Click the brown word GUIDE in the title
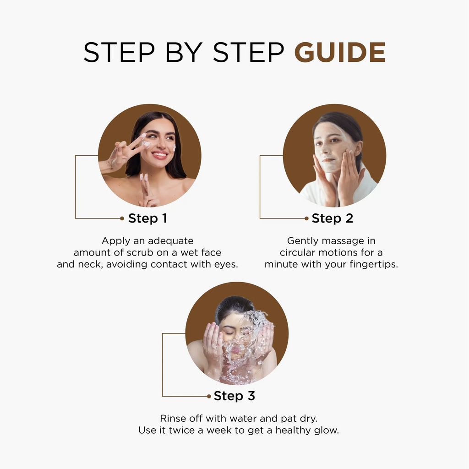340,52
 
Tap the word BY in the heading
184,52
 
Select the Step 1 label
148,218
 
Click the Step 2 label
333,218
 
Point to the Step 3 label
234,396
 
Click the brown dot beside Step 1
122,218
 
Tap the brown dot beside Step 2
306,218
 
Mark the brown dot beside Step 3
209,396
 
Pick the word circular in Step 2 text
297,253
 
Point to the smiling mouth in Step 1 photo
160,155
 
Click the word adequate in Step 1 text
170,241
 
